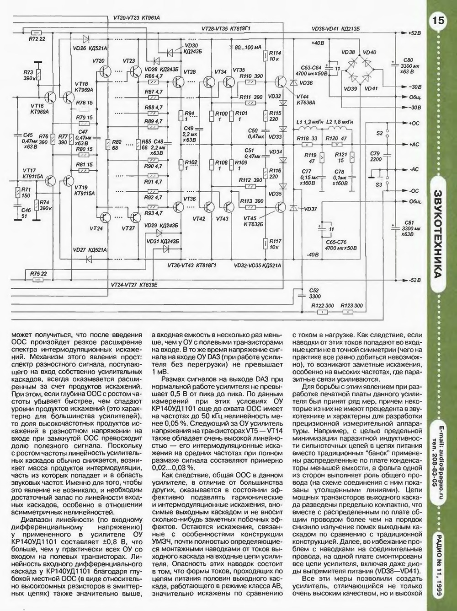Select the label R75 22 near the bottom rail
tap(38, 274)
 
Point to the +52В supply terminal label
tap(414, 33)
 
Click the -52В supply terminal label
tap(414, 280)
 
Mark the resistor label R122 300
tap(322, 306)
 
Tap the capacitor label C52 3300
tap(314, 293)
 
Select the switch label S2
tap(379, 133)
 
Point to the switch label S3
tap(379, 184)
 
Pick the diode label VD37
tap(310, 209)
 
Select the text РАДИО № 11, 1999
tap(439, 567)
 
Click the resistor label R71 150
tap(26, 192)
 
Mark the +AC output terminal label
tap(414, 144)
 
